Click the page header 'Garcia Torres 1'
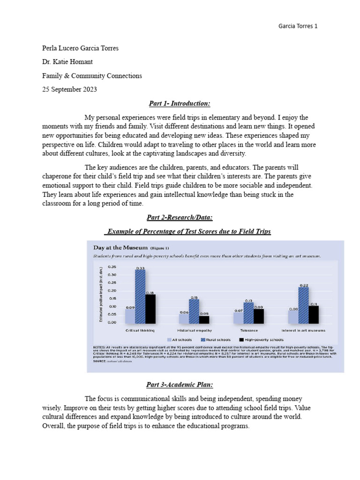pyautogui.click(x=298, y=26)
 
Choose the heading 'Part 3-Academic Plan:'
pyautogui.click(x=180, y=385)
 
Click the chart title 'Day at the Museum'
pyautogui.click(x=121, y=247)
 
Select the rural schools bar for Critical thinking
pyautogui.click(x=140, y=296)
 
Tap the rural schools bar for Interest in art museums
pyautogui.click(x=303, y=305)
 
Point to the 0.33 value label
pyautogui.click(x=140, y=268)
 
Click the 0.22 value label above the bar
pyautogui.click(x=304, y=285)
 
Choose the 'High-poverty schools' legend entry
pyautogui.click(x=261, y=339)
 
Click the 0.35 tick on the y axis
pyautogui.click(x=112, y=266)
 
